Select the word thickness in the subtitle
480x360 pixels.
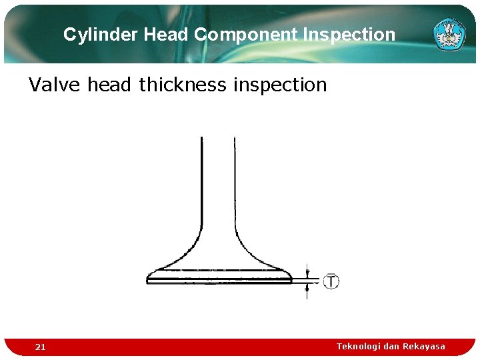coord(182,85)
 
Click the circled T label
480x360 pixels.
coord(331,281)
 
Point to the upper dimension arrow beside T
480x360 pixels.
coord(307,272)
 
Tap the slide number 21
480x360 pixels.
coord(41,347)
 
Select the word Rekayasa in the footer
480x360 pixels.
coord(424,346)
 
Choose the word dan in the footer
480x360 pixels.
coord(391,346)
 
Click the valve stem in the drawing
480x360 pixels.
coord(218,180)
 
